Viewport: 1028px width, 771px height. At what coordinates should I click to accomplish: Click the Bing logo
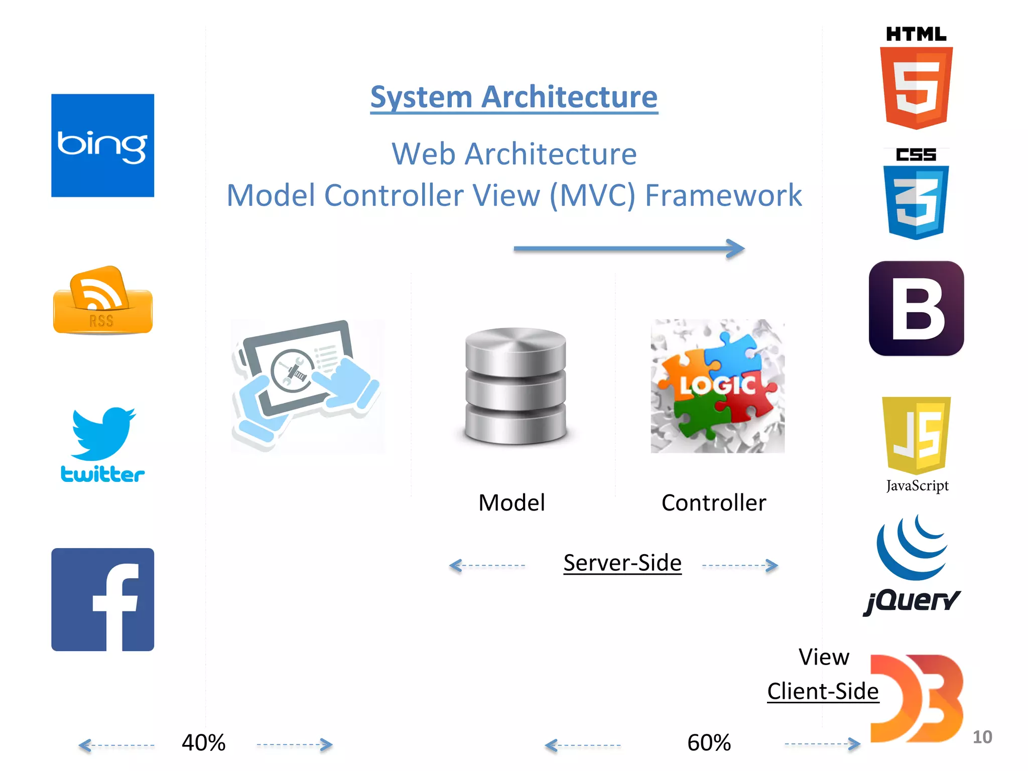[x=102, y=145]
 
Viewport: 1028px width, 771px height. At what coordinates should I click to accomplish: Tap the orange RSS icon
[x=102, y=301]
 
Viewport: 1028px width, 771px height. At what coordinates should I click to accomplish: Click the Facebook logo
[x=102, y=599]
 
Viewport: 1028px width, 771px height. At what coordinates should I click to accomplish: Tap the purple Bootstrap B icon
[x=916, y=308]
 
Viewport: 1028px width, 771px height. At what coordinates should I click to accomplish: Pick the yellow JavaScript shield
[x=916, y=435]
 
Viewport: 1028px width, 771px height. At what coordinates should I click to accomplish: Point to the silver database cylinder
[x=515, y=386]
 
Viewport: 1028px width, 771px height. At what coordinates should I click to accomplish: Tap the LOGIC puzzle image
[x=717, y=386]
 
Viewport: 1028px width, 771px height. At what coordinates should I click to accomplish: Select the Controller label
[x=713, y=503]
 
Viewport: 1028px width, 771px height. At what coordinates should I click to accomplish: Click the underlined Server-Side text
[x=622, y=563]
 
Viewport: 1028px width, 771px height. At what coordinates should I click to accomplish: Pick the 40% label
[x=203, y=743]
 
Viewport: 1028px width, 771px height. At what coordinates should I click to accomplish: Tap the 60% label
[x=709, y=743]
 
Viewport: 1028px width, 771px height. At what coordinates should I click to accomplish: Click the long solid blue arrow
[x=628, y=248]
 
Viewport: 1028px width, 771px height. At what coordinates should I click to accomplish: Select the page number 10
[x=982, y=737]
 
